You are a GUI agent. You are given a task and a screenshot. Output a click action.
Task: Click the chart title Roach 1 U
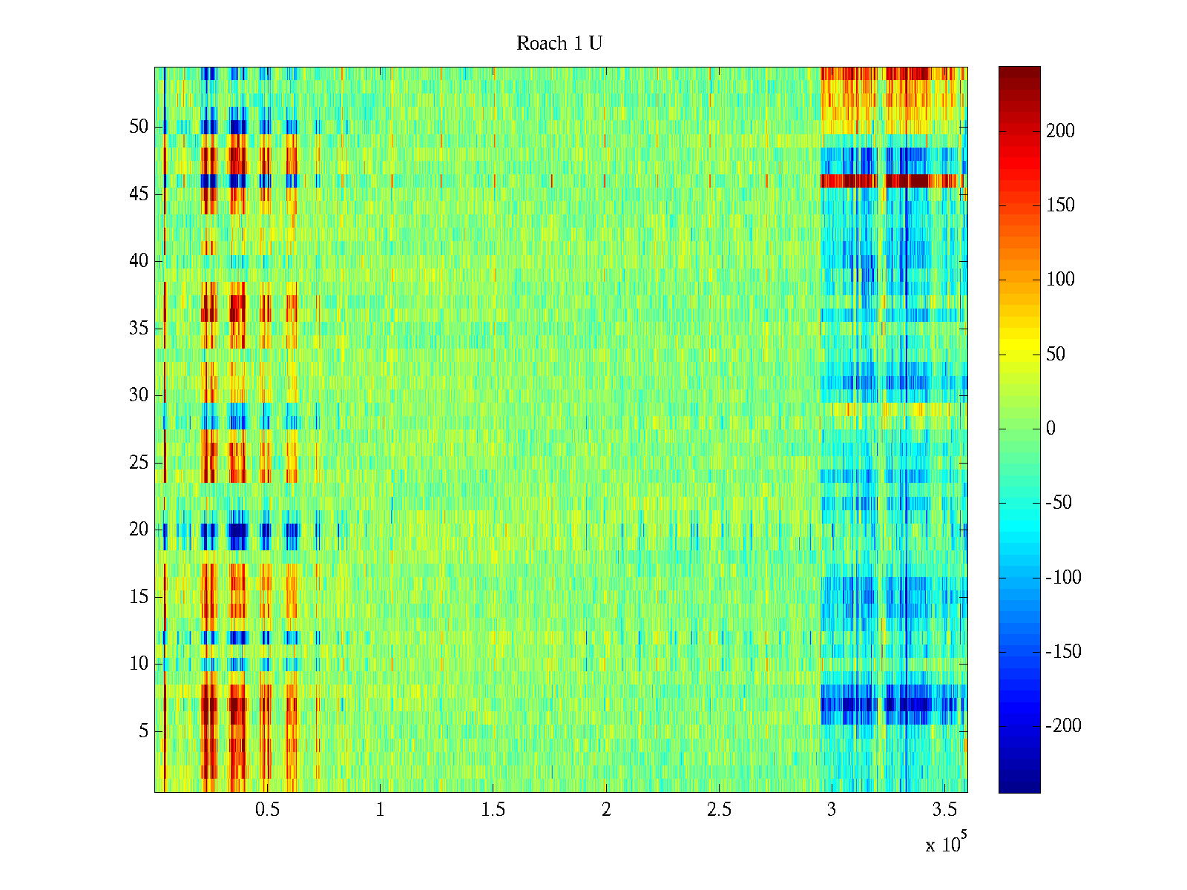559,44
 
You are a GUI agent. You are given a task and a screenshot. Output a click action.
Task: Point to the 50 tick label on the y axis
139,127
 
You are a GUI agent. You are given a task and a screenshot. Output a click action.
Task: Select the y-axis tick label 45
139,194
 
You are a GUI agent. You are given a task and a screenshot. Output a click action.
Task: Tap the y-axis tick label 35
139,329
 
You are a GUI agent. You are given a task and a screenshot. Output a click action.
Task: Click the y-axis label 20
139,530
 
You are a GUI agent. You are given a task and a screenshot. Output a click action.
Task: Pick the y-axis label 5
143,731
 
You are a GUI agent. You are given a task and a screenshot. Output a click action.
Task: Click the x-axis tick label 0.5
267,810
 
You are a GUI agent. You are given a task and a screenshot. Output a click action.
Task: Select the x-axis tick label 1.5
493,810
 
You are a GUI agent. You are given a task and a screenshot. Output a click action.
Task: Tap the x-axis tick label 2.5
719,810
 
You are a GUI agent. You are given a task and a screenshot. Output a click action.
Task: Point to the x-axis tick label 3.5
944,810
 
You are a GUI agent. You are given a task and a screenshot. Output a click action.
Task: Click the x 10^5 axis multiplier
946,843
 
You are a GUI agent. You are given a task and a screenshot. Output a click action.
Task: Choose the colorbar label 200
1060,131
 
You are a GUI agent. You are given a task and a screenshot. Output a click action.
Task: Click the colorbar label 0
1050,429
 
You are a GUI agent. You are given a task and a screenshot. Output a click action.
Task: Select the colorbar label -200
1063,726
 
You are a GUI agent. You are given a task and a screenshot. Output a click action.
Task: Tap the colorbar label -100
1063,578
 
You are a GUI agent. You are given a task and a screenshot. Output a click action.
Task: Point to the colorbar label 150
1060,205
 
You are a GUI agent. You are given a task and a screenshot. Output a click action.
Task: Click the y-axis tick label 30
139,395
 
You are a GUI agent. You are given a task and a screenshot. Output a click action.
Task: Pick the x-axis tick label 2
606,810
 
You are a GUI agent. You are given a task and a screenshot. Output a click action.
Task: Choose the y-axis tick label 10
139,664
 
